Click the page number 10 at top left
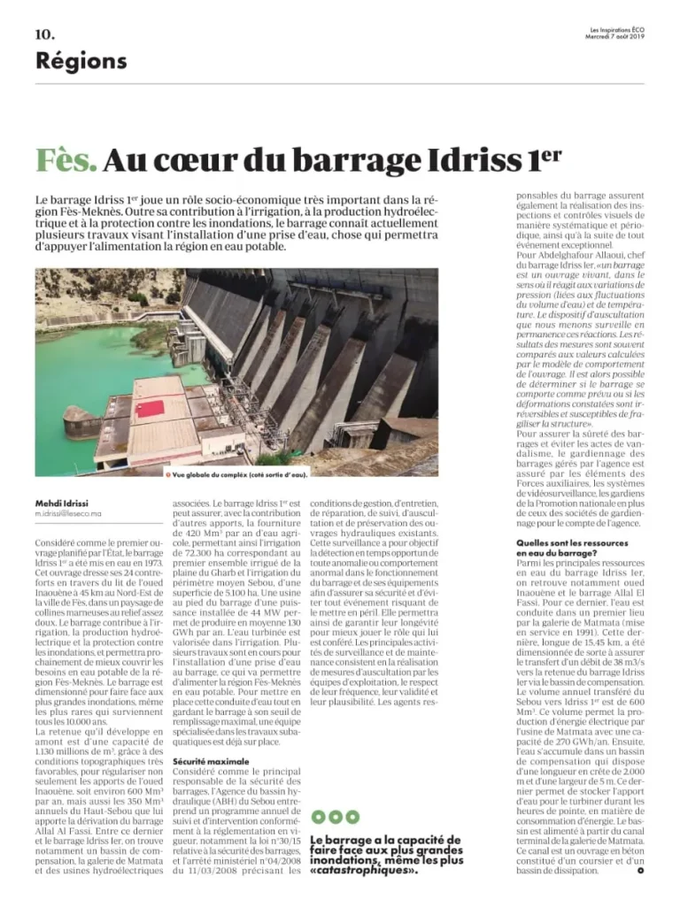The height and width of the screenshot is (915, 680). [x=45, y=35]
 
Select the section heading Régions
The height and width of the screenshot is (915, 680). [x=81, y=61]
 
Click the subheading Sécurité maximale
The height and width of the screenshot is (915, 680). [x=205, y=760]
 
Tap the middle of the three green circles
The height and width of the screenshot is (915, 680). [x=335, y=817]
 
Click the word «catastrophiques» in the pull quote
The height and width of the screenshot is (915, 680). [x=364, y=870]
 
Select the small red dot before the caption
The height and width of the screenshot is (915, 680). [x=167, y=475]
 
